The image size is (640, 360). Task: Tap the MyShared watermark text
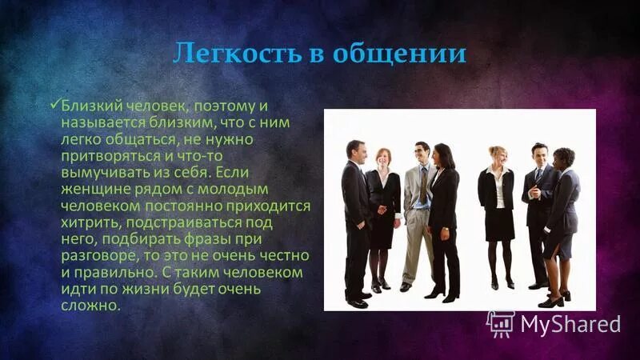click(x=569, y=324)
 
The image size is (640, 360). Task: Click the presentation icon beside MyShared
click(x=500, y=323)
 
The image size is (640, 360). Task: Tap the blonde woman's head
click(x=497, y=155)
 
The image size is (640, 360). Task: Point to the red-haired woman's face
click(x=384, y=158)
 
